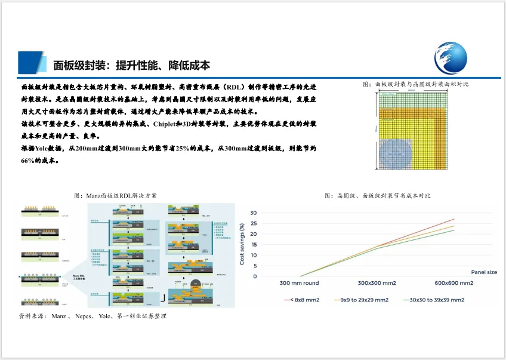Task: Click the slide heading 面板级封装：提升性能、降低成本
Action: pos(132,64)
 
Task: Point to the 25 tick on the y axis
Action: pos(253,223)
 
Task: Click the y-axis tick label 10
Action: pos(253,255)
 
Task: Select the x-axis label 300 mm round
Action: pos(300,283)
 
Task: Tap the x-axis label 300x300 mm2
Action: pos(378,283)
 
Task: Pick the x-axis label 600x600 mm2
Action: pos(453,283)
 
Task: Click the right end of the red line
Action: pos(454,219)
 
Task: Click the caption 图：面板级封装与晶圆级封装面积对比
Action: pos(415,84)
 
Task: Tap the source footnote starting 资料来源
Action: pos(92,315)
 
